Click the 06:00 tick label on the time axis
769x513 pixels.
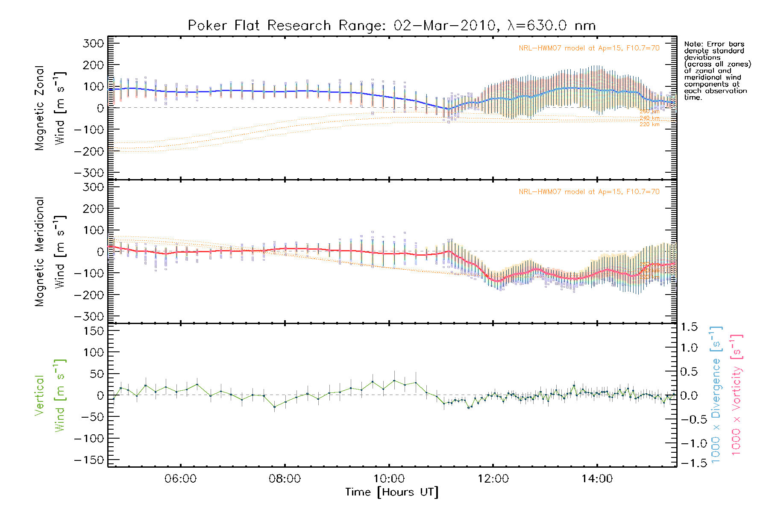tap(180, 479)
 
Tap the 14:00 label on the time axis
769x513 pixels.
tap(597, 479)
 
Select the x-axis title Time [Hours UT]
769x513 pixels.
tap(392, 492)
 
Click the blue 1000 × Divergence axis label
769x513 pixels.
tap(716, 395)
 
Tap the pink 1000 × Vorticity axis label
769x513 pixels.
tap(737, 395)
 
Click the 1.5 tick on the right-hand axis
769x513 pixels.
tap(689, 327)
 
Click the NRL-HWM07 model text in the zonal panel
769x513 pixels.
tap(589, 48)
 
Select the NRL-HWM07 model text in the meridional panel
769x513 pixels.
tap(589, 192)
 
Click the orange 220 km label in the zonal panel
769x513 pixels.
tap(649, 124)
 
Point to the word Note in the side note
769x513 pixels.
tap(693, 44)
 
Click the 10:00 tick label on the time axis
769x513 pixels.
tap(389, 479)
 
